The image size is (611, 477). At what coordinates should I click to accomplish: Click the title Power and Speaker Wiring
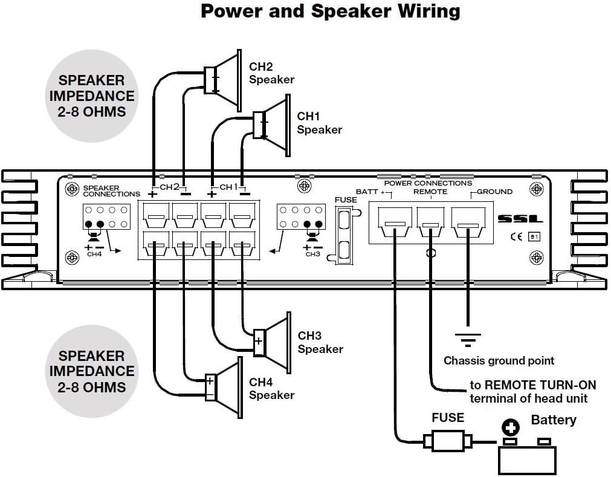tap(330, 11)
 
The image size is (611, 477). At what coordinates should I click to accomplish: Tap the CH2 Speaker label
tap(271, 73)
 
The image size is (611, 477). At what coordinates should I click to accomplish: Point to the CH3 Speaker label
tap(320, 342)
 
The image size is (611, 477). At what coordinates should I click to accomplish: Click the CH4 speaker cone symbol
tap(228, 387)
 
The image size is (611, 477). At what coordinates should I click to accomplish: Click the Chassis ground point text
tap(499, 361)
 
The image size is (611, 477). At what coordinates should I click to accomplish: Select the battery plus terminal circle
tap(511, 429)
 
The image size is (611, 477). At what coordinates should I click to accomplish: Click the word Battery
tap(553, 420)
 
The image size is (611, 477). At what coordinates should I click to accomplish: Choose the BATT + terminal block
tap(395, 225)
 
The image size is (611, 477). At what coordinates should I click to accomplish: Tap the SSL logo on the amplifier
tap(520, 219)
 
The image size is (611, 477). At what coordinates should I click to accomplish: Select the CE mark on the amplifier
tap(515, 237)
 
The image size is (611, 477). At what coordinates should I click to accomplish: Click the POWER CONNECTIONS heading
tap(428, 183)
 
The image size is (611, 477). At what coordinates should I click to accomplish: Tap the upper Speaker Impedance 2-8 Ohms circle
tap(91, 95)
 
